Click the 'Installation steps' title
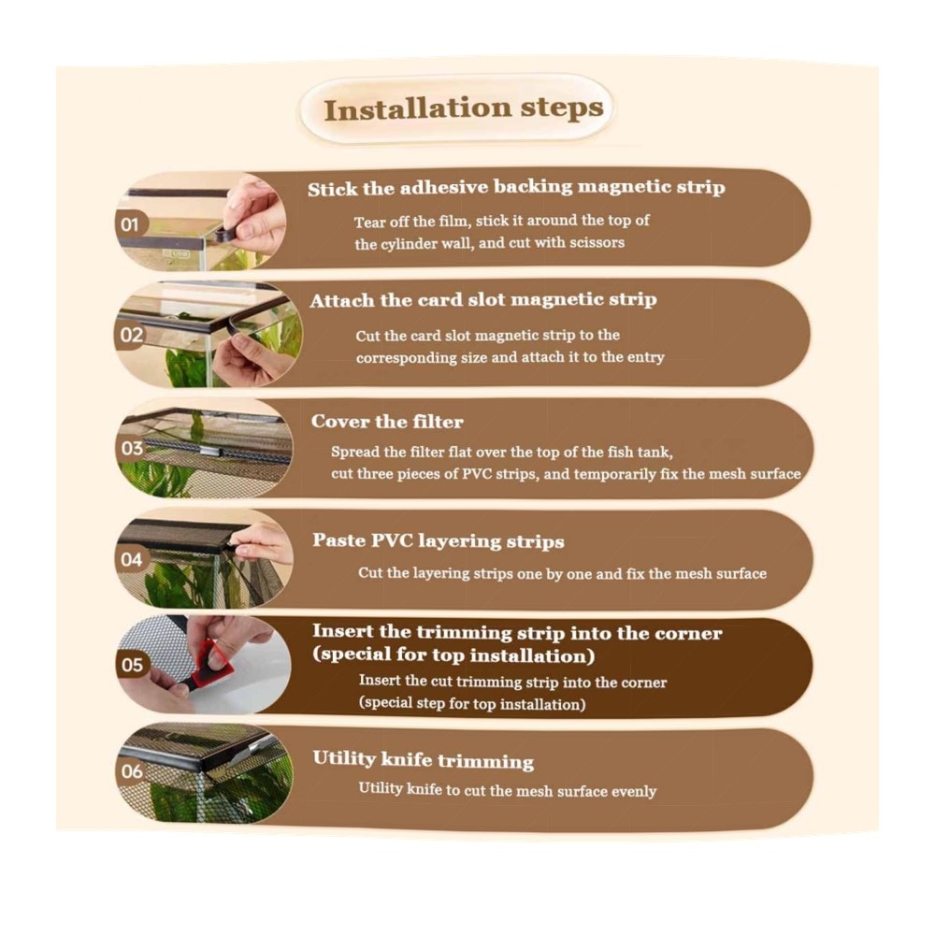pyautogui.click(x=464, y=109)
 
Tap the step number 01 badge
pyautogui.click(x=131, y=224)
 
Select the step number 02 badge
pyautogui.click(x=131, y=335)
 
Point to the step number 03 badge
pyautogui.click(x=131, y=448)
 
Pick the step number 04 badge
pyautogui.click(x=131, y=559)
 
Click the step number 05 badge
pyautogui.click(x=132, y=665)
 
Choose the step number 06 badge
pyautogui.click(x=132, y=771)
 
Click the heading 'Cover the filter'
pyautogui.click(x=387, y=422)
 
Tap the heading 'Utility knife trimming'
pyautogui.click(x=423, y=759)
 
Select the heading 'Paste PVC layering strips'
pyautogui.click(x=439, y=540)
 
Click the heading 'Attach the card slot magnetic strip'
pyautogui.click(x=483, y=299)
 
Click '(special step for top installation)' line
pyautogui.click(x=471, y=704)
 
